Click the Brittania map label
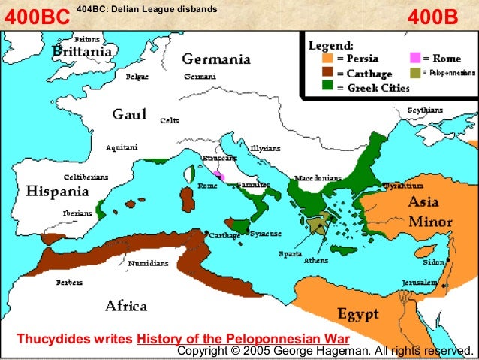83,52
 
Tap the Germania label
216,59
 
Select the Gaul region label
128,114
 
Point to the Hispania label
58,192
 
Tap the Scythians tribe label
425,110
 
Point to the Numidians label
149,264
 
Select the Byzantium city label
405,185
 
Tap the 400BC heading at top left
37,17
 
